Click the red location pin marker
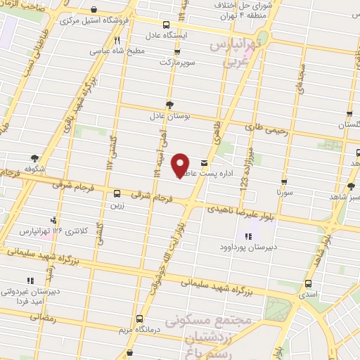181,165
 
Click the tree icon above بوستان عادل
169,104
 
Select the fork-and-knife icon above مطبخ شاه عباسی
117,40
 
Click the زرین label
116,205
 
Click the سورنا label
283,191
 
